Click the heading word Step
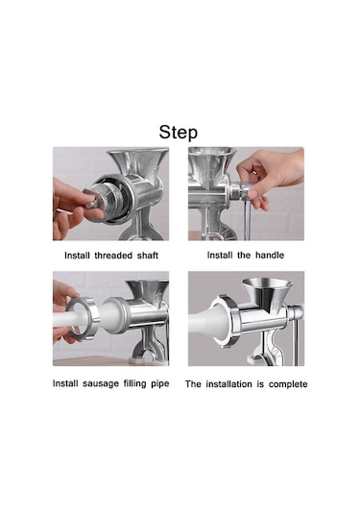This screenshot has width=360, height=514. click(x=179, y=133)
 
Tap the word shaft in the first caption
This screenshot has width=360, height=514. click(x=148, y=256)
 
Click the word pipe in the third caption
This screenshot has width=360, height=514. click(x=160, y=384)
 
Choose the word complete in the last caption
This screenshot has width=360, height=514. click(x=288, y=384)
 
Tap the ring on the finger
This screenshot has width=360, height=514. click(x=254, y=173)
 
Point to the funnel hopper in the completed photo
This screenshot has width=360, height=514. click(x=266, y=291)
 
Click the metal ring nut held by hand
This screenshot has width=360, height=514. click(x=82, y=318)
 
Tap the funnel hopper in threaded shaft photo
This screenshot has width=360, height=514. click(x=139, y=162)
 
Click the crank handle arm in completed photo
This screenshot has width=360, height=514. click(x=298, y=341)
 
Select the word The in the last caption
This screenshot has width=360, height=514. click(x=193, y=384)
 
